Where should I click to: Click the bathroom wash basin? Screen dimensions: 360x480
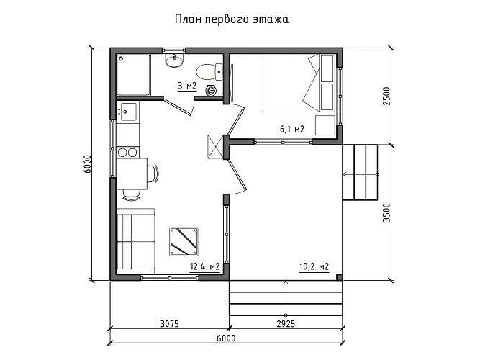173,61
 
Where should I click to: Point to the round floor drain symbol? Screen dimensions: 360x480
211,91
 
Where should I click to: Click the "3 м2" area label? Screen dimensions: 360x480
186,86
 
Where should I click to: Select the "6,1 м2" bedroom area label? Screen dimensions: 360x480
291,130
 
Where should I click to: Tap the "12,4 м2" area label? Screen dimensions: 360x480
204,267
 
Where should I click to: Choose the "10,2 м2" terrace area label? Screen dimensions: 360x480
314,267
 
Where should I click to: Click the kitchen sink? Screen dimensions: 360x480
129,112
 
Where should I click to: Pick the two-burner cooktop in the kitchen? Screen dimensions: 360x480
127,152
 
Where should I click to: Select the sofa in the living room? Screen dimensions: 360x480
135,240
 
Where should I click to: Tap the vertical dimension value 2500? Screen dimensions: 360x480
386,96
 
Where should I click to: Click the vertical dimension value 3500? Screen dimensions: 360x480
386,212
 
